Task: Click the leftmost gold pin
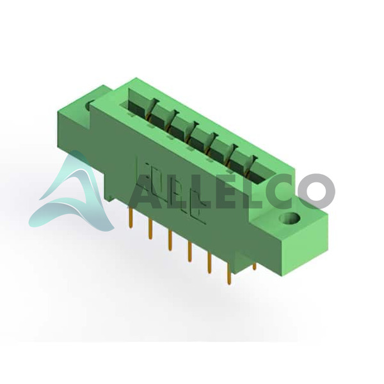(x=130, y=217)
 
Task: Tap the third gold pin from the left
(x=170, y=240)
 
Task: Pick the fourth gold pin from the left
(x=189, y=252)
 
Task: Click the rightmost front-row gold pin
(x=229, y=274)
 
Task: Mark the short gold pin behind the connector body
(x=255, y=266)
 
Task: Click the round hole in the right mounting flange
(x=290, y=218)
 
